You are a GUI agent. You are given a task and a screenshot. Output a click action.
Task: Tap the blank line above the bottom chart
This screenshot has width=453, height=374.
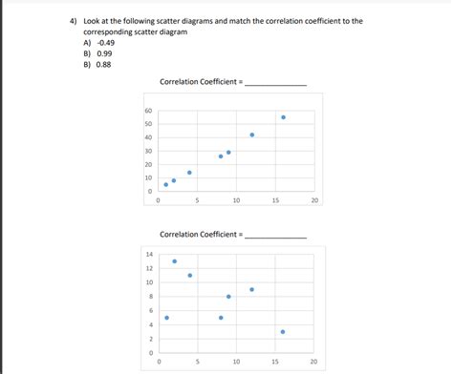click(x=276, y=235)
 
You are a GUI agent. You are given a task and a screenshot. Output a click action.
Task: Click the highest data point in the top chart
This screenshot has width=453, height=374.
click(x=283, y=117)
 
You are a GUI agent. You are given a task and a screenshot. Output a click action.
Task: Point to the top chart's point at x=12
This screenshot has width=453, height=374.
click(x=252, y=135)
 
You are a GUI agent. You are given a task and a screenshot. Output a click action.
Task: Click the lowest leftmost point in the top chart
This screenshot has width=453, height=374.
click(x=165, y=185)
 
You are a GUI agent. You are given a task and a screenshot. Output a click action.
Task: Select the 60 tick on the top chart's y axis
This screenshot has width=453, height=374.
click(x=148, y=111)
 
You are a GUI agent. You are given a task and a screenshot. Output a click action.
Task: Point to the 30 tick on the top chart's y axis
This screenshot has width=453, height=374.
click(x=148, y=151)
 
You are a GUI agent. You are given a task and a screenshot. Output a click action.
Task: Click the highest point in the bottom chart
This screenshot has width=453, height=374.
click(x=174, y=260)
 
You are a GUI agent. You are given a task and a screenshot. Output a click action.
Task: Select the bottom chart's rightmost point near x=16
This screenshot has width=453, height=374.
click(x=283, y=332)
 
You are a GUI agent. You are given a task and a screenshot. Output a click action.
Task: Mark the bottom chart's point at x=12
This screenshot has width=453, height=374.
click(x=252, y=289)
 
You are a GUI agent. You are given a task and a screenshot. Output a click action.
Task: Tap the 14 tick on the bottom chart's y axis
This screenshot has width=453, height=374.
click(x=149, y=254)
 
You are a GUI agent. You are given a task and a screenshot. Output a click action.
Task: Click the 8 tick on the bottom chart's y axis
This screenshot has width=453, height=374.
click(x=149, y=297)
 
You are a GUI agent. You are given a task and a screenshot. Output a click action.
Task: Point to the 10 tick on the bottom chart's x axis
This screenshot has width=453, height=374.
click(x=236, y=363)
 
